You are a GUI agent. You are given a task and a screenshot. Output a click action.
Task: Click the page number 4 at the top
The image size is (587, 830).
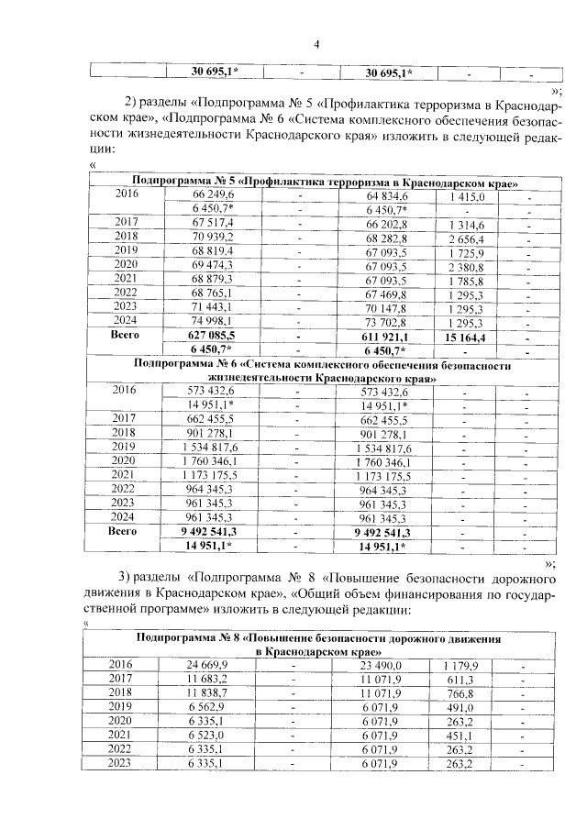coord(316,44)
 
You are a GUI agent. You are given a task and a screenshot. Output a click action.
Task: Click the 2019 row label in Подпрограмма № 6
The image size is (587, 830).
coord(123,446)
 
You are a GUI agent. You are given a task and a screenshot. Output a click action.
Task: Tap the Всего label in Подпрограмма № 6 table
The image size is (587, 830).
coord(123,530)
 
